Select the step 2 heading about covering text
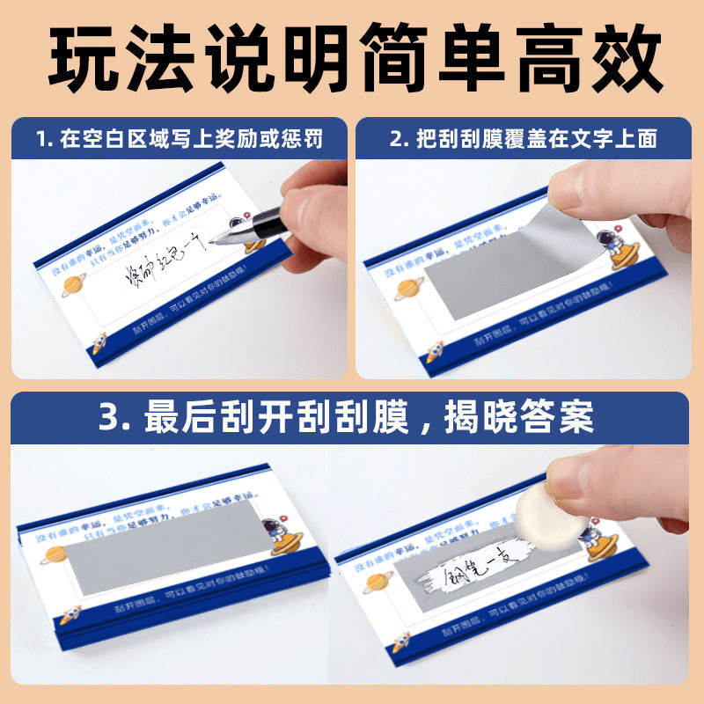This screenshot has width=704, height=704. point(524,140)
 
